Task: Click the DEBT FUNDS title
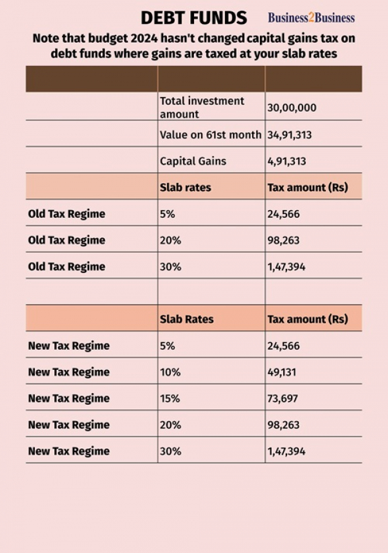point(193,17)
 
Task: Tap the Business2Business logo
point(311,17)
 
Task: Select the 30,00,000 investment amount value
point(292,107)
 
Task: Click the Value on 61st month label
point(211,135)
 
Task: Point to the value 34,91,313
point(289,135)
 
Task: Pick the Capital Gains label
point(193,161)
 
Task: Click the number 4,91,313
point(286,162)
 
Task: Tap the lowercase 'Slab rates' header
point(186,188)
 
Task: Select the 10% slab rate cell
point(170,372)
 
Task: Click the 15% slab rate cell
point(170,398)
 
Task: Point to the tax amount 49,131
point(282,373)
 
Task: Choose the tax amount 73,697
point(283,399)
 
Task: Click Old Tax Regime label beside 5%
point(67,214)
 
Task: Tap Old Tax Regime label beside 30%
point(67,266)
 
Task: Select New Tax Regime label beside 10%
point(69,372)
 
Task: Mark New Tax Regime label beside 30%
point(69,451)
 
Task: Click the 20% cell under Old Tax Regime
point(170,241)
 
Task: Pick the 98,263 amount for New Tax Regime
point(283,425)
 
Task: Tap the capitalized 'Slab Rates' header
point(187,319)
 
